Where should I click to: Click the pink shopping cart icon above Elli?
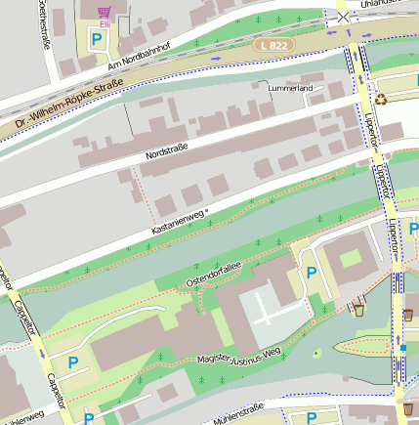coord(104,12)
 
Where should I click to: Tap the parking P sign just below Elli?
coord(97,40)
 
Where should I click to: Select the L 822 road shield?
coord(273,46)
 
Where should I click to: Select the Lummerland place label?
coord(290,88)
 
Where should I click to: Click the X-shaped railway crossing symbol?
coord(343,16)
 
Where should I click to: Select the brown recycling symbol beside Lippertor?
coord(381,97)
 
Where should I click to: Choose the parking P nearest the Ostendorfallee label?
coord(312,273)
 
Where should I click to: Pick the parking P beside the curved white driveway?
coord(73,362)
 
